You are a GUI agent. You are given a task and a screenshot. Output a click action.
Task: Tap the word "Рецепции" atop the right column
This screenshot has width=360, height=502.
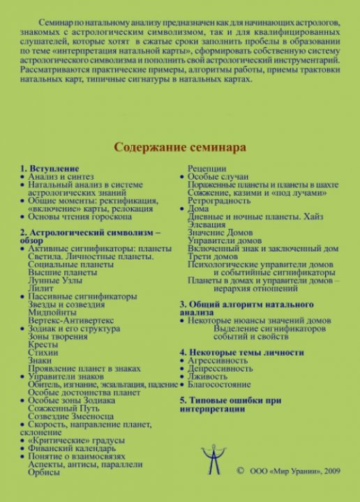click(x=207, y=169)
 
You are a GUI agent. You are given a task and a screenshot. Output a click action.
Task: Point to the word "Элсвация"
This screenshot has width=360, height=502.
click(x=209, y=225)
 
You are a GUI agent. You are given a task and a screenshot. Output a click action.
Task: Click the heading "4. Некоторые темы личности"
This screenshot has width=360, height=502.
click(x=241, y=352)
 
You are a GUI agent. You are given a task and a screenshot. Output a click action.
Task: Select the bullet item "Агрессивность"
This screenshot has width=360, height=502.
click(x=223, y=361)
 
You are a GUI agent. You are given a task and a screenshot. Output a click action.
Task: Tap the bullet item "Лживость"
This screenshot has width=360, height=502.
click(x=213, y=376)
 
